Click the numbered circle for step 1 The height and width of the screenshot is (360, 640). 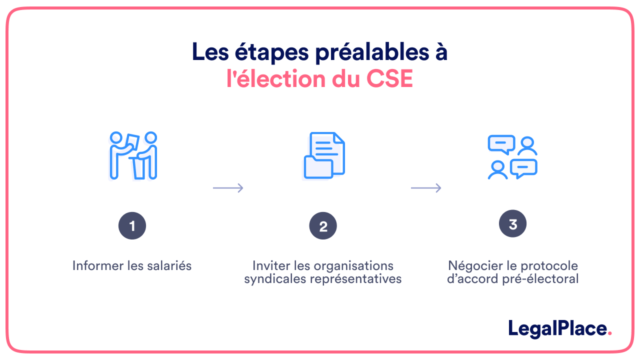click(x=131, y=226)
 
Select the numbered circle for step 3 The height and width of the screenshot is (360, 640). click(x=512, y=225)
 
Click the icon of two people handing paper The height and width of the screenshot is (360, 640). click(x=132, y=155)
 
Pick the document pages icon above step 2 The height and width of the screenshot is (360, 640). click(x=323, y=156)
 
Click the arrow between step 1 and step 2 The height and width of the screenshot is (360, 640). click(x=227, y=187)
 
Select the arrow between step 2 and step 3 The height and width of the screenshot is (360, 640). click(x=426, y=187)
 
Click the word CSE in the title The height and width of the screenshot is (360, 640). click(x=380, y=78)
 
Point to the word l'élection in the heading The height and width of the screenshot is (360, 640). click(x=273, y=78)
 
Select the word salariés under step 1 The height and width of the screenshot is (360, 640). click(x=163, y=266)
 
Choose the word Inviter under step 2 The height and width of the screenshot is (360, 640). click(x=274, y=266)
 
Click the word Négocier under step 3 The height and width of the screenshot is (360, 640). click(x=474, y=266)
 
